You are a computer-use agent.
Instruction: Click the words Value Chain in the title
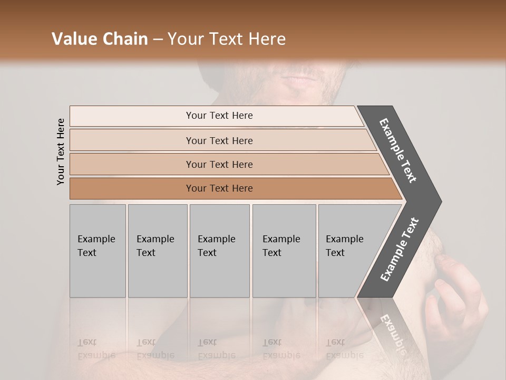point(100,39)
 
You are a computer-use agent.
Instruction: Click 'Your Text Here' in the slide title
point(227,39)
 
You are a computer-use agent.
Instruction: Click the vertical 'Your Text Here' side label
point(61,151)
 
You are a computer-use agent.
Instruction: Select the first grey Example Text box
point(98,251)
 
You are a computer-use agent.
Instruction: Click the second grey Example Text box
point(158,251)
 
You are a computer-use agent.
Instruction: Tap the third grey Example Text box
point(219,251)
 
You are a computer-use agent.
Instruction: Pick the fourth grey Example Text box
point(284,251)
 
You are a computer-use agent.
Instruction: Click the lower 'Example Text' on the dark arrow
point(400,249)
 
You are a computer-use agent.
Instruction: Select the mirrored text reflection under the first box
point(96,349)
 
